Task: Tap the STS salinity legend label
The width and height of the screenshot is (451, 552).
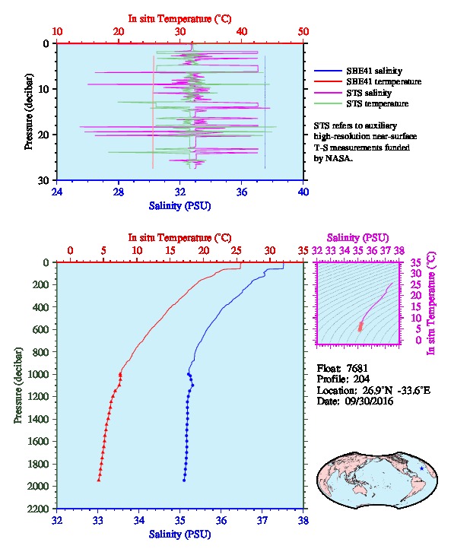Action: tap(369, 93)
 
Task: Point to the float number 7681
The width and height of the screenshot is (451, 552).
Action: tap(357, 368)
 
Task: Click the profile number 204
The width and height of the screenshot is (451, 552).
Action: tap(361, 379)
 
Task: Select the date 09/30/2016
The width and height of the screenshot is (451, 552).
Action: tap(369, 401)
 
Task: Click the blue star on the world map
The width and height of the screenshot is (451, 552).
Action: tap(421, 468)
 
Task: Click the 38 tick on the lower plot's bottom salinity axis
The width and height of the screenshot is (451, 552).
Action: tap(303, 520)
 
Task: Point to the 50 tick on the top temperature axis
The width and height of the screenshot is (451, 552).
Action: tap(303, 32)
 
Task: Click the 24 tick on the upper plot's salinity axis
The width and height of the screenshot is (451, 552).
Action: tap(57, 192)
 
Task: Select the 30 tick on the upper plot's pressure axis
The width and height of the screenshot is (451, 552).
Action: tap(43, 180)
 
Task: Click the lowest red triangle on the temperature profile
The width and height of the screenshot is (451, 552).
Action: tap(99, 480)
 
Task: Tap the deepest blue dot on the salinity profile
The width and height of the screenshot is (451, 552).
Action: tap(184, 481)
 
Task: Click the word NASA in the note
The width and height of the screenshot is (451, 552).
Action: tap(338, 158)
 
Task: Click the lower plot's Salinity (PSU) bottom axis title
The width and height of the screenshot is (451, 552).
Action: tap(179, 535)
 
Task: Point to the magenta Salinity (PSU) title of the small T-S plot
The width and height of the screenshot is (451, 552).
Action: tap(357, 238)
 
